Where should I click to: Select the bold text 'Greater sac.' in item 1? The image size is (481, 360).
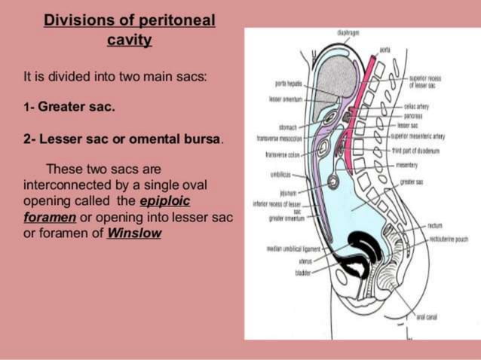tap(77, 107)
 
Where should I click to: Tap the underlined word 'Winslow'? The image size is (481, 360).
tap(134, 233)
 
